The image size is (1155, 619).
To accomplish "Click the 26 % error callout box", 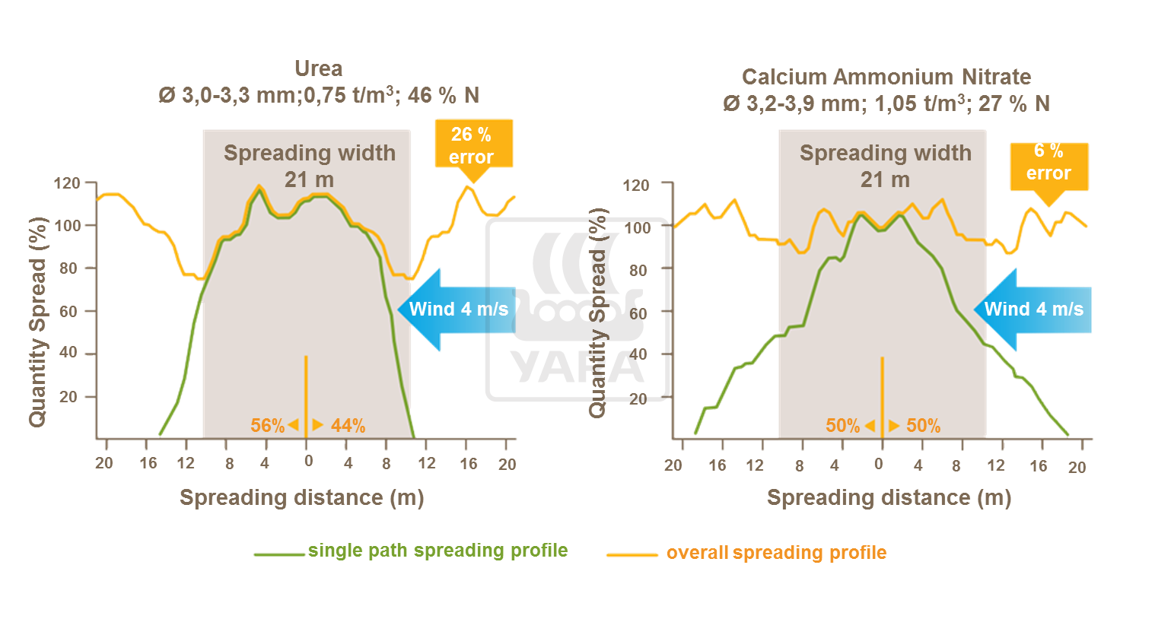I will (473, 145).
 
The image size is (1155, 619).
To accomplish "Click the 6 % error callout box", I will (1048, 163).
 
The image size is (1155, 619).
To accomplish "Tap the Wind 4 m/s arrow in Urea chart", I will (457, 309).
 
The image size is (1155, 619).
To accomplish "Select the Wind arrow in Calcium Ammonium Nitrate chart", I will (1033, 309).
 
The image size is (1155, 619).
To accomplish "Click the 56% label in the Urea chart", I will (267, 426).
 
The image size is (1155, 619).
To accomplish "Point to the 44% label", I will (348, 426).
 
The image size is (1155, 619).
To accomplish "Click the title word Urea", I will (318, 69).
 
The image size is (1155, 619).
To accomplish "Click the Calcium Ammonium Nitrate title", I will (886, 78).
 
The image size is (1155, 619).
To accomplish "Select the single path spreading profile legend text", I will (437, 551).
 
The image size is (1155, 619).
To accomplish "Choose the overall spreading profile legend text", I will (776, 553).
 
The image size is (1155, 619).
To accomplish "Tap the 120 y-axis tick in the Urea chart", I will (67, 183).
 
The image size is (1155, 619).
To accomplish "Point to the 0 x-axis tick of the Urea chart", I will (308, 462).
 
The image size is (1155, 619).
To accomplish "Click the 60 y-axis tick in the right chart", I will (637, 313).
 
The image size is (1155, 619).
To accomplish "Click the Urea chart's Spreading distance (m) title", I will (301, 497).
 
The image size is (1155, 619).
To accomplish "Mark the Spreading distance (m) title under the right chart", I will (889, 497).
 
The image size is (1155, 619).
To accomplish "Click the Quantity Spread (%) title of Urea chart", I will (38, 322).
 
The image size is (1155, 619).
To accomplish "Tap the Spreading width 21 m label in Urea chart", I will (309, 166).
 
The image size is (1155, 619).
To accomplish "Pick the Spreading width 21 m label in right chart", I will (885, 166).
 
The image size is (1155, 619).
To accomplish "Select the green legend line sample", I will (278, 554).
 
